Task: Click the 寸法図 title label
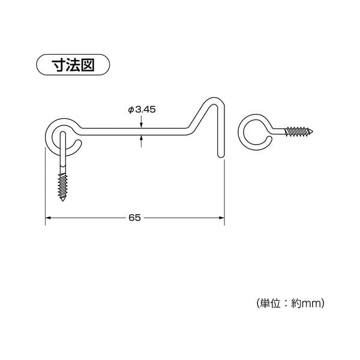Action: (x=74, y=64)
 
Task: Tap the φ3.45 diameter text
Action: (x=142, y=109)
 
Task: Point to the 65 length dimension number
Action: (x=134, y=218)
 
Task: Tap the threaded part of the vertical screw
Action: (x=64, y=185)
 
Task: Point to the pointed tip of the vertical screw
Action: (x=64, y=201)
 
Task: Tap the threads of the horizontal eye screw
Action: (x=296, y=130)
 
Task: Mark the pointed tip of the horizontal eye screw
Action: (x=314, y=130)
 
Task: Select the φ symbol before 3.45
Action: (x=130, y=109)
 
